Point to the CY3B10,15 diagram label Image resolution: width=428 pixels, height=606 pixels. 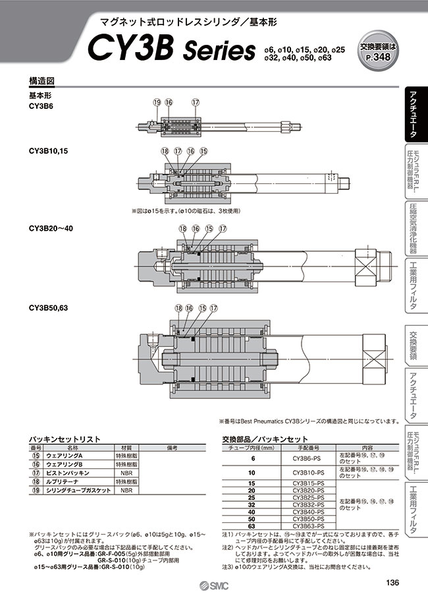pos(48,151)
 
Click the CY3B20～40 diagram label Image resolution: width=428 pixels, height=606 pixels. pos(51,228)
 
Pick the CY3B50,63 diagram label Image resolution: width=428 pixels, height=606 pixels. pos(48,307)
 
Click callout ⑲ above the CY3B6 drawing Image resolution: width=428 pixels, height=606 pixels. pos(157,102)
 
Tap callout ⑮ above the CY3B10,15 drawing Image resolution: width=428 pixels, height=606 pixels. pos(203,152)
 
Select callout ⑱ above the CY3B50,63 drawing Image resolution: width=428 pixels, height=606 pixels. pos(178,308)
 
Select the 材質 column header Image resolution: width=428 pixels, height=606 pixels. pos(124,447)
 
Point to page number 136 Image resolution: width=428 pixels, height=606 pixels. pos(391,582)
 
